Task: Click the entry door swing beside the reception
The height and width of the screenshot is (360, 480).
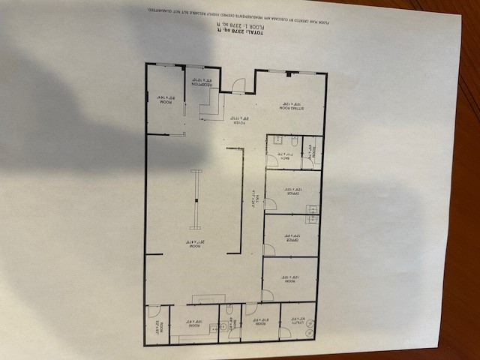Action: click(x=238, y=86)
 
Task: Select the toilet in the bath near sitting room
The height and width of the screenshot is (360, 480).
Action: click(x=295, y=141)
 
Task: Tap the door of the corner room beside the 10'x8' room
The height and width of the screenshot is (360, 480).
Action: click(x=152, y=310)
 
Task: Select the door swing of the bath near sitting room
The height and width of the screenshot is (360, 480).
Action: click(x=272, y=159)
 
